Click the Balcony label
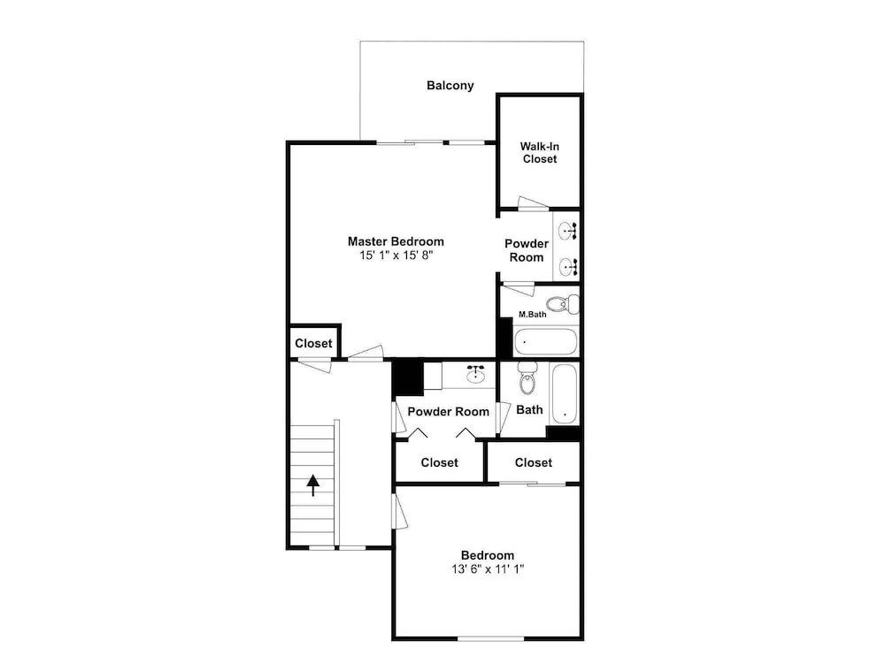click(450, 86)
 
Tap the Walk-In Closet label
click(540, 153)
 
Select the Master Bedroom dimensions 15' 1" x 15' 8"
click(396, 255)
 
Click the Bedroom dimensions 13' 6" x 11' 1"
click(488, 569)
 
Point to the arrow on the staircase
click(312, 485)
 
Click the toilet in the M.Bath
click(562, 304)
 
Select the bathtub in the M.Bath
click(546, 341)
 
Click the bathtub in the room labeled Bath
click(565, 393)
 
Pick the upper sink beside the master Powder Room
click(568, 231)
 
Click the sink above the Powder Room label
click(476, 374)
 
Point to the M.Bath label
click(532, 315)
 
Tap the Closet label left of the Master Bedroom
click(313, 343)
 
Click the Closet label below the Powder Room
click(439, 463)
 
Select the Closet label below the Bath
click(534, 463)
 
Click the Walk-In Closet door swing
click(533, 203)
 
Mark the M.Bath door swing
click(519, 289)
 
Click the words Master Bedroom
click(396, 241)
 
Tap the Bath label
click(529, 410)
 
